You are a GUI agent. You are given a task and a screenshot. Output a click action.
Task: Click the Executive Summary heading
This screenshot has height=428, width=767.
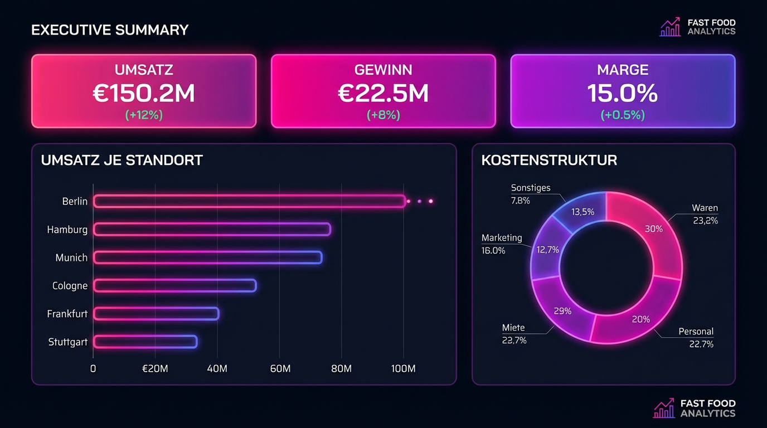click(x=110, y=30)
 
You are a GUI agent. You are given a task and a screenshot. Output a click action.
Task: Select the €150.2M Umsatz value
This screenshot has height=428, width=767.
click(x=144, y=93)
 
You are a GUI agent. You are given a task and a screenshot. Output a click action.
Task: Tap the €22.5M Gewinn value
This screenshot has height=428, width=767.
click(x=383, y=93)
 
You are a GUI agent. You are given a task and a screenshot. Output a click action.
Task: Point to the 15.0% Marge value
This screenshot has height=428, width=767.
click(x=623, y=93)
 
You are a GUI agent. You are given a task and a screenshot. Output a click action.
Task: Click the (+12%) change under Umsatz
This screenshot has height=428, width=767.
click(x=144, y=115)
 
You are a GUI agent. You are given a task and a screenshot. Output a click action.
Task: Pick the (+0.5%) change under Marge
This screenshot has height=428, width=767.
click(x=623, y=115)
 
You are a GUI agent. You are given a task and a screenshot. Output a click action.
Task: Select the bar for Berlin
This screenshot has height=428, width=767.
click(x=249, y=201)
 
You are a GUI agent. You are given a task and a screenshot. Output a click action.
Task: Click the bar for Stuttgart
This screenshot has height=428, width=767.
click(x=145, y=342)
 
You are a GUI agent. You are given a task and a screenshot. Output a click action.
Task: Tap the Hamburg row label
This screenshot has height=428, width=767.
click(x=67, y=230)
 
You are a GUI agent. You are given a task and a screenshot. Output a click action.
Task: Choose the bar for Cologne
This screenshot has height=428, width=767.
click(x=174, y=285)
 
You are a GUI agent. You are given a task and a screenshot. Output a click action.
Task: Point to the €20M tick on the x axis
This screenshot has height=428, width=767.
click(x=154, y=369)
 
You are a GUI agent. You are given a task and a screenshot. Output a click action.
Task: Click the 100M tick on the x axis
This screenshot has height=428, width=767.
click(x=403, y=369)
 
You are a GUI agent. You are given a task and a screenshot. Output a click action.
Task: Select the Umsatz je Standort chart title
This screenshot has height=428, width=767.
click(x=122, y=160)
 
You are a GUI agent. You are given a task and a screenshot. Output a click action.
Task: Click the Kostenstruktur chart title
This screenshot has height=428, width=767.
click(x=548, y=160)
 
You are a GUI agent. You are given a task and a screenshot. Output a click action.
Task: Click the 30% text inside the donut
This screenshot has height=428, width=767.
click(x=653, y=228)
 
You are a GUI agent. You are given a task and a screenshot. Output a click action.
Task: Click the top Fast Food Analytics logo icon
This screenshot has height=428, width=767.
click(x=670, y=27)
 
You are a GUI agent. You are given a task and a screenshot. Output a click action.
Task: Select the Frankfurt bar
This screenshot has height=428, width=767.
click(x=156, y=314)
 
